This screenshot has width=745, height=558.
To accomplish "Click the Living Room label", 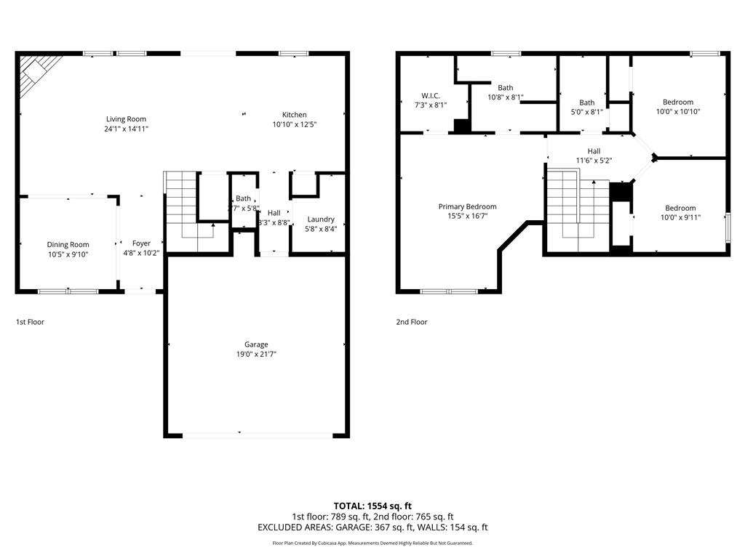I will point(126,119).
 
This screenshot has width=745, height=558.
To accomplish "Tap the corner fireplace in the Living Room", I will point(33,73).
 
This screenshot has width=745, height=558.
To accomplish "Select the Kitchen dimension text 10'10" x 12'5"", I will point(294,124).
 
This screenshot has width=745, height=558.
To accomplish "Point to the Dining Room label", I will point(68,245).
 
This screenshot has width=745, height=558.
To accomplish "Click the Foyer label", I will point(141,243).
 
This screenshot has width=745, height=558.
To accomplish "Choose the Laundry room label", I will point(321,219).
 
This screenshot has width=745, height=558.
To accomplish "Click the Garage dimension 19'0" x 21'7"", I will point(256,354).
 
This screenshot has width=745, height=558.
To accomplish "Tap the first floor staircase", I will point(182,207).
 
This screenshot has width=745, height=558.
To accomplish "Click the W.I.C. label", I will point(431,96).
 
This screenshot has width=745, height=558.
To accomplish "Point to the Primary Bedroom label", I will point(467,206).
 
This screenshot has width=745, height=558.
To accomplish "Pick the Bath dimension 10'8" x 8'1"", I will point(505,97).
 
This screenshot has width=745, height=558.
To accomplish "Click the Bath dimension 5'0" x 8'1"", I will point(586,112).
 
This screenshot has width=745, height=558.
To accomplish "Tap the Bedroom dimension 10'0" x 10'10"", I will point(677,111).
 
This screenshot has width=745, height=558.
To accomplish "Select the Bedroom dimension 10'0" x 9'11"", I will point(680,217).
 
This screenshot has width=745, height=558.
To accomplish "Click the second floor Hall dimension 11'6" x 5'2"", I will point(594,161).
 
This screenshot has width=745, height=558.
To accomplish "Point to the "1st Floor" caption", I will point(30,322).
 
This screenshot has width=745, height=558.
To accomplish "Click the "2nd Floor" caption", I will point(411,322).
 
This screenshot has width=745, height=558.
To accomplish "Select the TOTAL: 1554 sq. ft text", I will point(372,506).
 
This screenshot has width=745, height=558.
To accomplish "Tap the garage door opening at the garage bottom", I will point(258,435).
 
